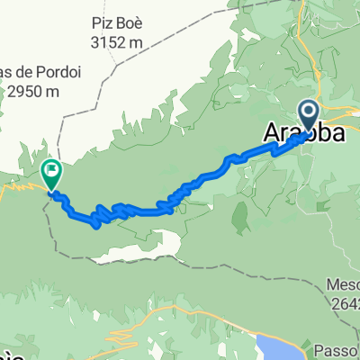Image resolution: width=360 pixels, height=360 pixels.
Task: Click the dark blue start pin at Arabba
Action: [308, 115]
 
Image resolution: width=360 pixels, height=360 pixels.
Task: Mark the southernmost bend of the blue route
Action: [96, 225]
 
